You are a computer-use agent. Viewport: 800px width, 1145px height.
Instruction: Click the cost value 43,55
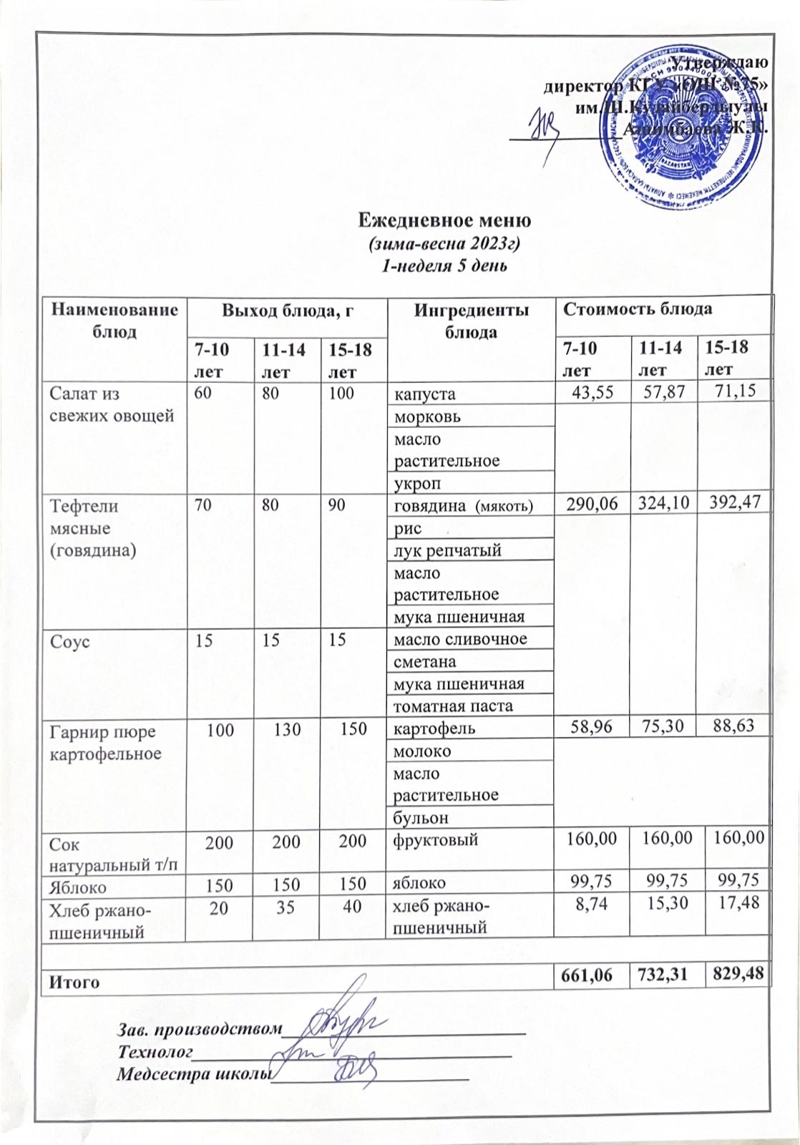592,392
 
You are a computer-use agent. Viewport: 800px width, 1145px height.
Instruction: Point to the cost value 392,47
735,505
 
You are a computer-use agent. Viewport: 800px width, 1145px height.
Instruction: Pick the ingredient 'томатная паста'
454,706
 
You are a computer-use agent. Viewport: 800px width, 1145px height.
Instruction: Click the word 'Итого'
73,982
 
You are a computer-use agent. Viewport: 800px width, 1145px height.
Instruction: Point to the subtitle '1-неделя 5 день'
444,266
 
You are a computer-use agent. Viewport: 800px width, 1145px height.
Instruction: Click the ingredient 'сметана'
425,662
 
